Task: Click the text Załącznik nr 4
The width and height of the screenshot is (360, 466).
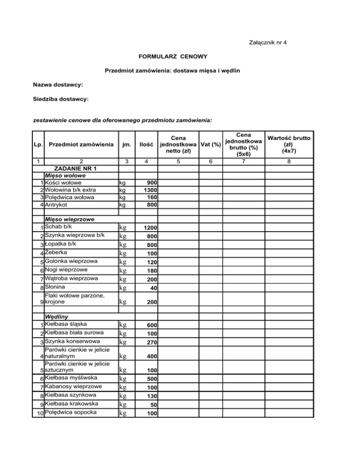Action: [266, 43]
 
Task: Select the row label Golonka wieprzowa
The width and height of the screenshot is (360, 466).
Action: [71, 261]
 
